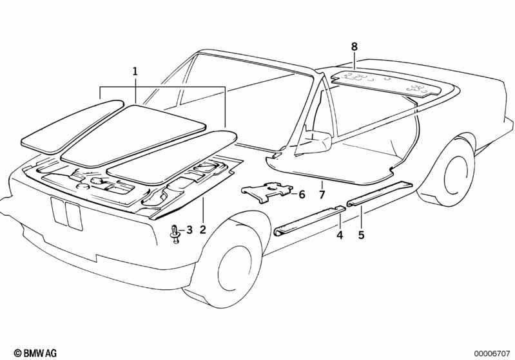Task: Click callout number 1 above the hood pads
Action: point(135,71)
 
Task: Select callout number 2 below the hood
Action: point(202,229)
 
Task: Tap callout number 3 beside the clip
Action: point(189,230)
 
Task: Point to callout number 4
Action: point(340,235)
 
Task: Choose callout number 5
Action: point(362,235)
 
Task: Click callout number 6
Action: point(302,194)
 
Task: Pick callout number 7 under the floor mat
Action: point(322,194)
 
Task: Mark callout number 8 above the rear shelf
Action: point(354,46)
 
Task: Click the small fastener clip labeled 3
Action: point(175,234)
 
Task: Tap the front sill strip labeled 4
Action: point(309,220)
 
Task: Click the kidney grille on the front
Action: point(66,213)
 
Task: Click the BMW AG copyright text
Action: point(35,353)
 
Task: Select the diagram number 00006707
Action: point(491,354)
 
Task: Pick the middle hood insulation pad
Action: point(133,135)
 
